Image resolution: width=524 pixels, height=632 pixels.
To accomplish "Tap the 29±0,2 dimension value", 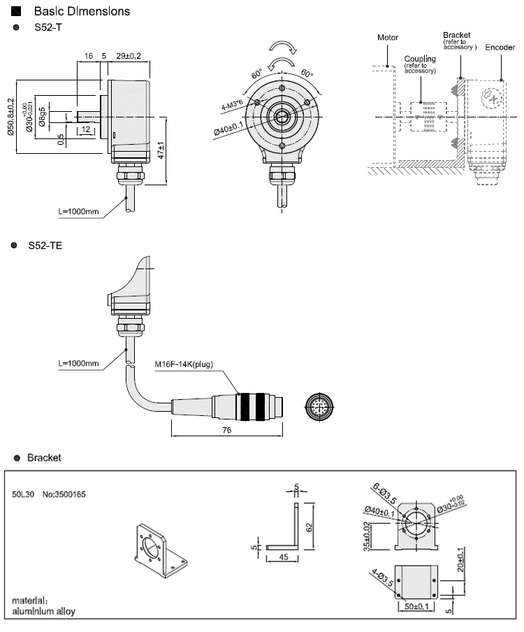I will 129,55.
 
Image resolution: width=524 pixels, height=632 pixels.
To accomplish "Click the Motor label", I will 387,37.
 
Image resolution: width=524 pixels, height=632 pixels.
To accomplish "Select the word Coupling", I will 420,59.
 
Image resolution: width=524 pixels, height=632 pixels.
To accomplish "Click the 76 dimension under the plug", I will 226,431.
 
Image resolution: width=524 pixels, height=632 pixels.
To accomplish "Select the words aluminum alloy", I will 43,611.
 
